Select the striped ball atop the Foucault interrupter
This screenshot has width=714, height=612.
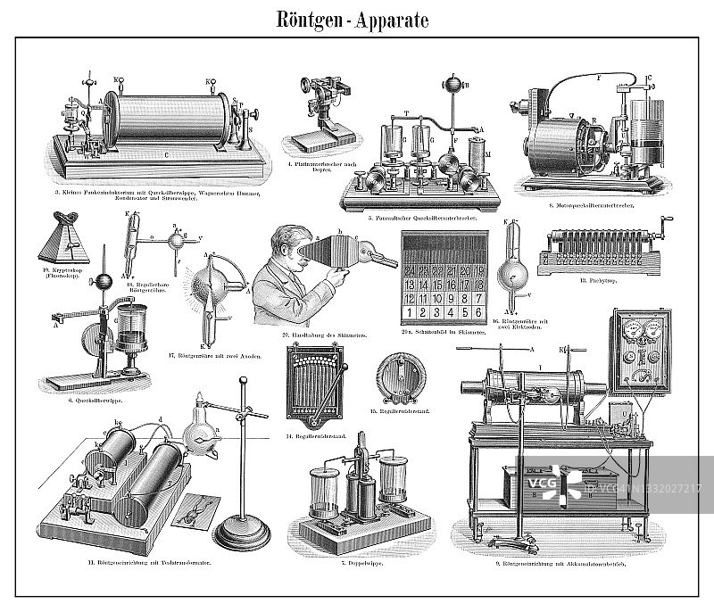453,86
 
